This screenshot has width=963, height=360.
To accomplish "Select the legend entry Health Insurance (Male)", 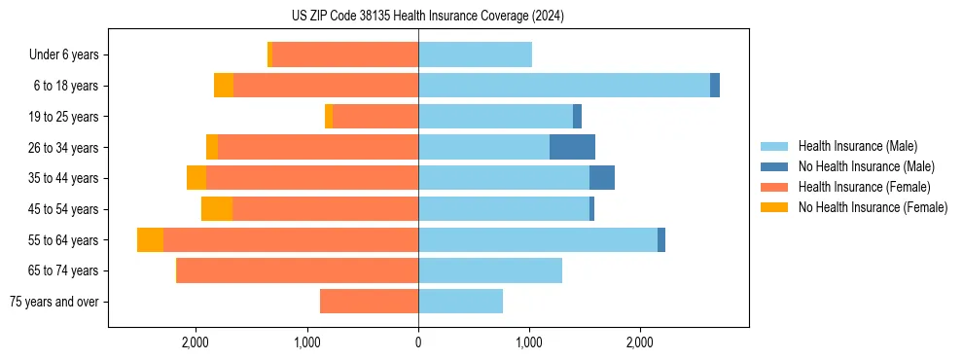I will pos(856,146).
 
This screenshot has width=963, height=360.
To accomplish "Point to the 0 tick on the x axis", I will pos(418,343).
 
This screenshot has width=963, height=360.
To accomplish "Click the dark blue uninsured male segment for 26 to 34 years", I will pos(572,147).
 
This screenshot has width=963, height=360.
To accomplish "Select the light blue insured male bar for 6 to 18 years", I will pos(564,86).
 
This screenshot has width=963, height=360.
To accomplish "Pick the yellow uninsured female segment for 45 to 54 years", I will pos(217,209).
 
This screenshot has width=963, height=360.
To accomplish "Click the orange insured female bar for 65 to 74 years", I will pos(298,270).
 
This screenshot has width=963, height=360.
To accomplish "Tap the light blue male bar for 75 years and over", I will pos(460,302).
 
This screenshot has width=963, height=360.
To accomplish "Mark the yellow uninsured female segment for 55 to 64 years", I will pos(150,240).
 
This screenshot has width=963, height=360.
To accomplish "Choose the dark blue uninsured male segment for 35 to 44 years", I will pos(602,178).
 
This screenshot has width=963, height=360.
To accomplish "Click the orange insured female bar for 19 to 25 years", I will pos(375,117).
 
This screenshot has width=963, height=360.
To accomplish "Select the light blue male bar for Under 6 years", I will pos(475,55).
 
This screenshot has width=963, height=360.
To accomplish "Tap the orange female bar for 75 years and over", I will pos(370,302).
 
